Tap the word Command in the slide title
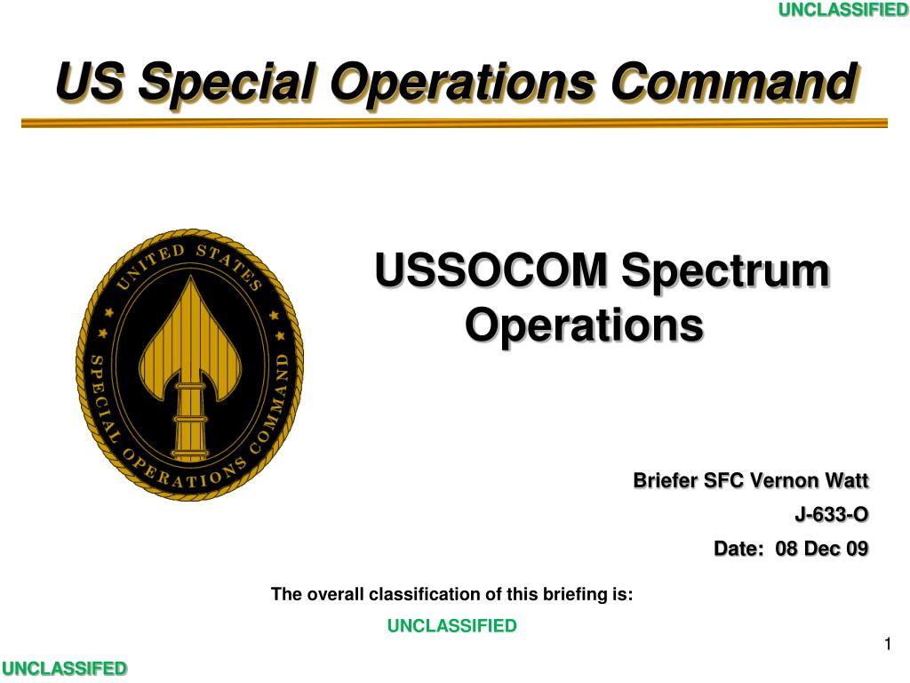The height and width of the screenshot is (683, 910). pyautogui.click(x=735, y=82)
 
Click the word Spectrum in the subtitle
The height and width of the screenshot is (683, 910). pyautogui.click(x=725, y=272)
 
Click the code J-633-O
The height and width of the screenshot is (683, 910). pyautogui.click(x=832, y=515)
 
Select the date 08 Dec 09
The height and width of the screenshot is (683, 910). pyautogui.click(x=822, y=548)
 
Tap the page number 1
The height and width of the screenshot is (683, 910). pyautogui.click(x=888, y=644)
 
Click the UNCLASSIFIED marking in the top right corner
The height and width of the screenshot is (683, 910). pyautogui.click(x=843, y=10)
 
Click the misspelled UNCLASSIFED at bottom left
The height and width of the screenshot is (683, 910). pyautogui.click(x=64, y=669)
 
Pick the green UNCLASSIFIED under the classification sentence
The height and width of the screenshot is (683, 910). pyautogui.click(x=452, y=625)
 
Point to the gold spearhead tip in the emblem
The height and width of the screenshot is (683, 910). pyautogui.click(x=192, y=277)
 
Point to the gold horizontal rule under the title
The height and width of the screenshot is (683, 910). pyautogui.click(x=454, y=123)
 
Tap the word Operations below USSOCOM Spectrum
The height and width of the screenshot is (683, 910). pyautogui.click(x=585, y=326)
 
